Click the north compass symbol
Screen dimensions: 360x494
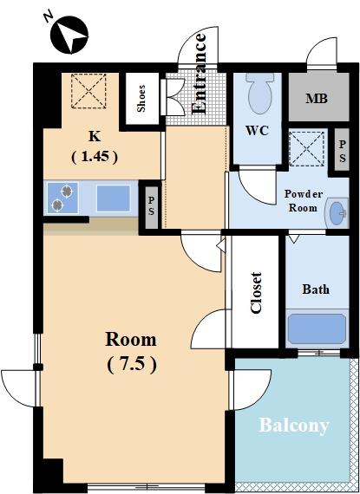tap(69, 35)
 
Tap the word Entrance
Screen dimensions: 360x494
tap(199, 73)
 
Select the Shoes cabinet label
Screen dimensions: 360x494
tap(141, 98)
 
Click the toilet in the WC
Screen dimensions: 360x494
tap(259, 92)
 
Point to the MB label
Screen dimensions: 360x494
tap(317, 99)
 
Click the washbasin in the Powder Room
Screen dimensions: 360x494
tap(338, 213)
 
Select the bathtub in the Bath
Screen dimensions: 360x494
tap(317, 328)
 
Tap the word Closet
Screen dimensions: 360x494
tap(256, 293)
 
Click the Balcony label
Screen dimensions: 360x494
tap(294, 426)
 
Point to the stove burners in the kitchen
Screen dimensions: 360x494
tap(62, 198)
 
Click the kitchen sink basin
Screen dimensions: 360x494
tap(113, 198)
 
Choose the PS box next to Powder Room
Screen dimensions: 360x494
tap(342, 150)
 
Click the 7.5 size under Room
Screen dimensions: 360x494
tap(132, 366)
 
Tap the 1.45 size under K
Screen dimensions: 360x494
tap(95, 157)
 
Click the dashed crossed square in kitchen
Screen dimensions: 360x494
tap(88, 91)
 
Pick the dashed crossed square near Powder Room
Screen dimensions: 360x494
tap(307, 149)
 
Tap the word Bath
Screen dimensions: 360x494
tap(316, 289)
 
